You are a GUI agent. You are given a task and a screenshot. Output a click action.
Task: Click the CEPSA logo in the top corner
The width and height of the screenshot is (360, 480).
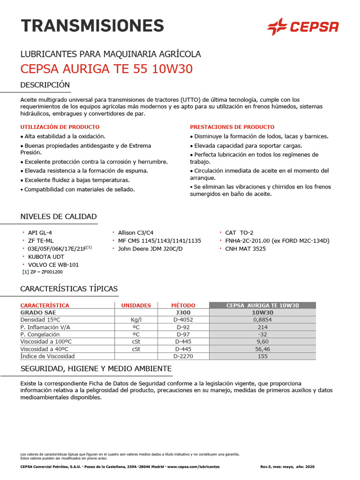pyautogui.click(x=302, y=26)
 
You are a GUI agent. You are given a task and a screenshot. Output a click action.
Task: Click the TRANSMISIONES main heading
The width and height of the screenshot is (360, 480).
pyautogui.click(x=92, y=25)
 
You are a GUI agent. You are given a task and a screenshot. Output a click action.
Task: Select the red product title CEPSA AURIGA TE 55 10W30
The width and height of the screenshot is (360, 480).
pyautogui.click(x=106, y=69)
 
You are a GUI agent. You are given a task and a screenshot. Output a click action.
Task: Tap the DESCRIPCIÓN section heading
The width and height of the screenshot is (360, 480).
pyautogui.click(x=45, y=85)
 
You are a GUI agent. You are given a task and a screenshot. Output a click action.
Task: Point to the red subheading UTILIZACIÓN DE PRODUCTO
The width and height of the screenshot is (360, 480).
pyautogui.click(x=60, y=127)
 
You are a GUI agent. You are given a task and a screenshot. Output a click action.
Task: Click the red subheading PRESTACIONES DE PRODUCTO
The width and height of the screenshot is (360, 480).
pyautogui.click(x=232, y=127)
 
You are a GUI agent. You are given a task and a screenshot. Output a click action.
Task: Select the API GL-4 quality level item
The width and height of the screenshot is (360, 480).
pyautogui.click(x=40, y=232)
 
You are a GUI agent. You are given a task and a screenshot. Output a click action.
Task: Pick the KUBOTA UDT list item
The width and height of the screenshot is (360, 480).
pyautogui.click(x=46, y=257)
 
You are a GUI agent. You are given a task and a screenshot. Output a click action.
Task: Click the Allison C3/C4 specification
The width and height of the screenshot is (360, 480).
pyautogui.click(x=135, y=232)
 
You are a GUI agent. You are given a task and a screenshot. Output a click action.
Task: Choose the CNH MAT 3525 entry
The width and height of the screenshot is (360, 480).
pyautogui.click(x=245, y=248)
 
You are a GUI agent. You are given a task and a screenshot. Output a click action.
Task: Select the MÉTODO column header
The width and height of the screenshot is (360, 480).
pyautogui.click(x=183, y=305)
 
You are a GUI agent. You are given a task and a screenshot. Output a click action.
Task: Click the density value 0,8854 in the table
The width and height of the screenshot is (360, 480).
pyautogui.click(x=262, y=320)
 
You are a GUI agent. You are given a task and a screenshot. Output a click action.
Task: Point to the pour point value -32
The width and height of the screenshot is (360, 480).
pyautogui.click(x=262, y=334)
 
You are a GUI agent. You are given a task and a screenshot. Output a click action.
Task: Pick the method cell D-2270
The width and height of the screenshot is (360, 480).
pyautogui.click(x=183, y=356)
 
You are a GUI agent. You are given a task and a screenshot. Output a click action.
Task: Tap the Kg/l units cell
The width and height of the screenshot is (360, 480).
pyautogui.click(x=136, y=320)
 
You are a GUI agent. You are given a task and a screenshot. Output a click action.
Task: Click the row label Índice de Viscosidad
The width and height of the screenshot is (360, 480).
pyautogui.click(x=47, y=356)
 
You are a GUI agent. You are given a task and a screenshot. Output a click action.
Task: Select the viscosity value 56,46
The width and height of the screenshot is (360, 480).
pyautogui.click(x=262, y=349)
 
